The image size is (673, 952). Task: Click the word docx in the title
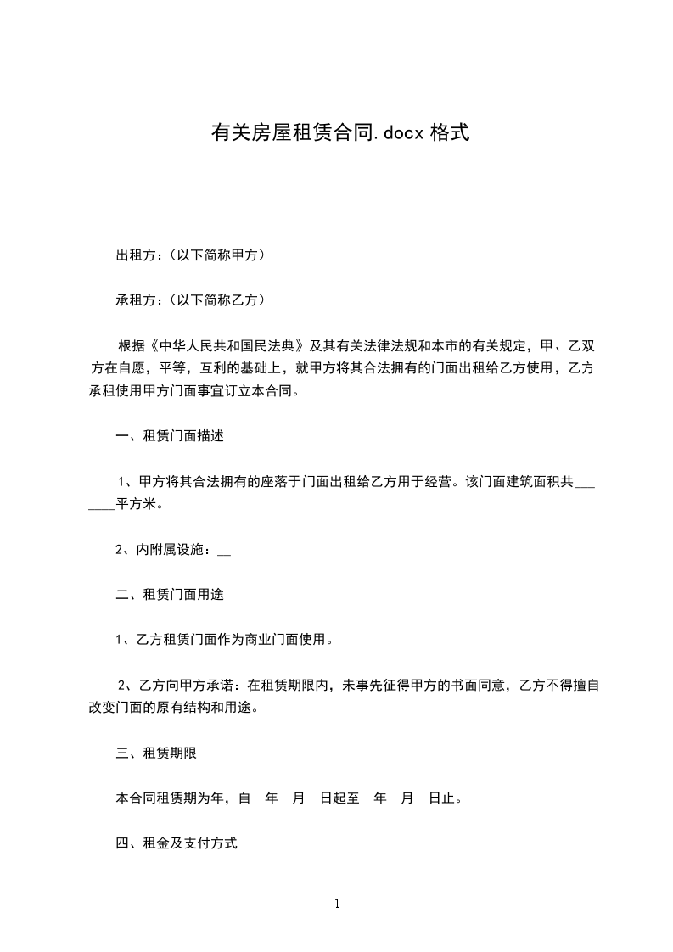tap(398, 132)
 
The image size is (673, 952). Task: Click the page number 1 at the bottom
tap(337, 904)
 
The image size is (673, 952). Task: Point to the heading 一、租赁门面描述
tap(169, 436)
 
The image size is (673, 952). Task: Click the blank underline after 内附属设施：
tap(224, 550)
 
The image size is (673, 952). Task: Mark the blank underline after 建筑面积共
tap(585, 482)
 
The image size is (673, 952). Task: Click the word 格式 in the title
tap(449, 132)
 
